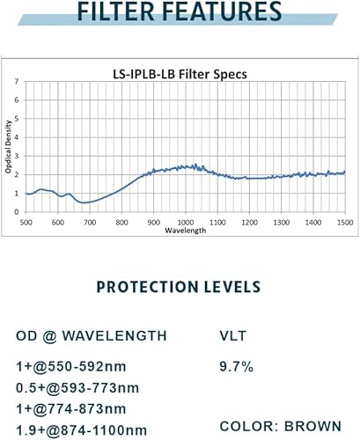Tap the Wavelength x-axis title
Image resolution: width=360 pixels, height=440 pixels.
(x=185, y=231)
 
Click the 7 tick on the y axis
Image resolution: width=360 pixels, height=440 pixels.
(x=16, y=81)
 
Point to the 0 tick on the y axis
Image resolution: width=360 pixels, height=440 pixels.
(x=16, y=212)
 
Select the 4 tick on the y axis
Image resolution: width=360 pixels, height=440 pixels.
(x=16, y=137)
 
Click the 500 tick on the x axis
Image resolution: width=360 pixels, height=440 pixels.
(x=26, y=224)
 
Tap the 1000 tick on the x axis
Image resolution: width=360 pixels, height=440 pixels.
(x=185, y=224)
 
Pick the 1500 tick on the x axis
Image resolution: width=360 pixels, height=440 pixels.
(x=343, y=224)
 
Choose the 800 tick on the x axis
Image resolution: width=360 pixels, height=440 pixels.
(x=121, y=224)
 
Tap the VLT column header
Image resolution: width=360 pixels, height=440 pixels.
(x=232, y=335)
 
